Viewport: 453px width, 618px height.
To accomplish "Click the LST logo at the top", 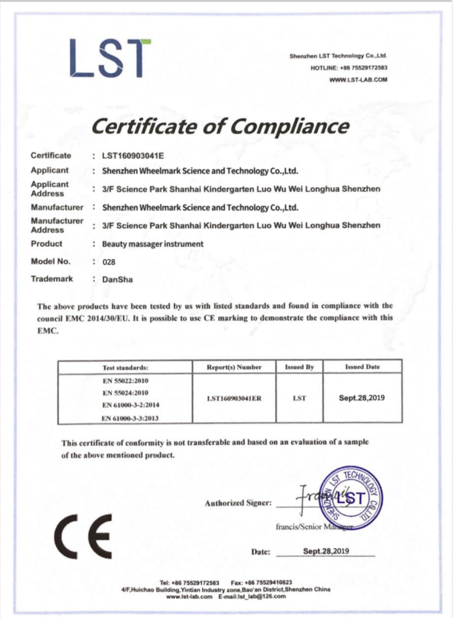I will click(x=110, y=58).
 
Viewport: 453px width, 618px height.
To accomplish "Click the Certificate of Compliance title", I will click(x=220, y=127).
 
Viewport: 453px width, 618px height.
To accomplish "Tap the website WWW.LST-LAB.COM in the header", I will click(x=358, y=80).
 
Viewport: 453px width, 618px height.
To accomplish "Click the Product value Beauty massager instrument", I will click(x=153, y=244).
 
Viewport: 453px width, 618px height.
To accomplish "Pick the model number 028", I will click(x=109, y=262).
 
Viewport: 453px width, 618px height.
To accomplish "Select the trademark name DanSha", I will click(x=117, y=279).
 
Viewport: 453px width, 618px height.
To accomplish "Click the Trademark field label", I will click(x=52, y=279).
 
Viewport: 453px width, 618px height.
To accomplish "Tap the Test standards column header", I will click(x=125, y=367).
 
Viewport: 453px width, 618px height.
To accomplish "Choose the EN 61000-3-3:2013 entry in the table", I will click(x=127, y=418).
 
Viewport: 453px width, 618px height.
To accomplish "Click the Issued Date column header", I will click(x=362, y=367).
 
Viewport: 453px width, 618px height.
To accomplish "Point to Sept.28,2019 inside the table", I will click(x=362, y=398).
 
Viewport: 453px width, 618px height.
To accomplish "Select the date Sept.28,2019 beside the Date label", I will click(x=326, y=551).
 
